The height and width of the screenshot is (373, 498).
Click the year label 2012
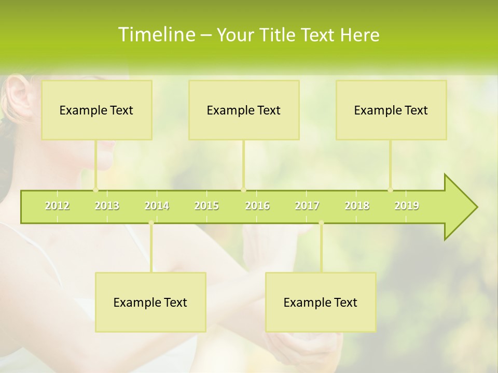tap(57, 206)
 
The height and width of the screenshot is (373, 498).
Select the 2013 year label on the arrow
tap(107, 206)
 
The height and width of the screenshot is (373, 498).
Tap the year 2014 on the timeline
tap(157, 206)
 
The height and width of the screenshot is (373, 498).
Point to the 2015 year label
tap(206, 206)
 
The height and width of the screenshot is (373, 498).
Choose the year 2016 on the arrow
tap(257, 206)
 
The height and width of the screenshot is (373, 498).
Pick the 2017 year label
tap(307, 206)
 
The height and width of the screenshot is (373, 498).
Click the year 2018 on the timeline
tap(357, 206)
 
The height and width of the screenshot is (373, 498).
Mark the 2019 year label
tap(407, 206)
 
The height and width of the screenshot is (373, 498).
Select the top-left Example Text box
tap(96, 110)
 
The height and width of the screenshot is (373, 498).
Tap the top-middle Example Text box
tap(244, 110)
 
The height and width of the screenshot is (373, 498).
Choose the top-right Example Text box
tap(391, 110)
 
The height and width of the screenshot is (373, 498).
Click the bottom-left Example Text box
tap(150, 302)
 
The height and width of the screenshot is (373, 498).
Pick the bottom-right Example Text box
tap(321, 302)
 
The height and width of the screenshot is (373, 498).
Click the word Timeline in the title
tap(156, 35)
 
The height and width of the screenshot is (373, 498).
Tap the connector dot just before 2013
tap(95, 190)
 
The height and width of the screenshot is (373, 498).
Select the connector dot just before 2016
tap(244, 190)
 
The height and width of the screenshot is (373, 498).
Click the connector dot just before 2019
tap(391, 190)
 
